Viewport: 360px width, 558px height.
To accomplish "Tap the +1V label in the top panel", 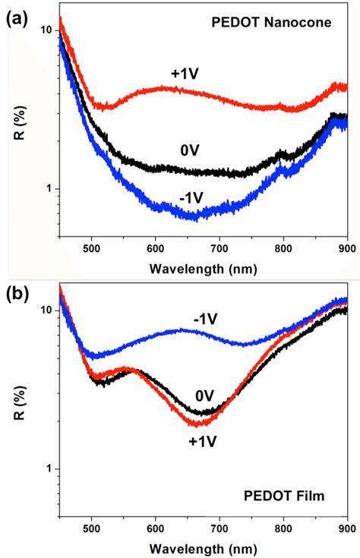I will [x=185, y=73].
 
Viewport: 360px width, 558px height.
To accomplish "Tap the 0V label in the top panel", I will [x=191, y=150].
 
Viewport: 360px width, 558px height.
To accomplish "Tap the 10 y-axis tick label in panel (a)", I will [x=45, y=30].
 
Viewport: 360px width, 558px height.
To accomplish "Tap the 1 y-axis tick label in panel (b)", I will [x=49, y=468].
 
